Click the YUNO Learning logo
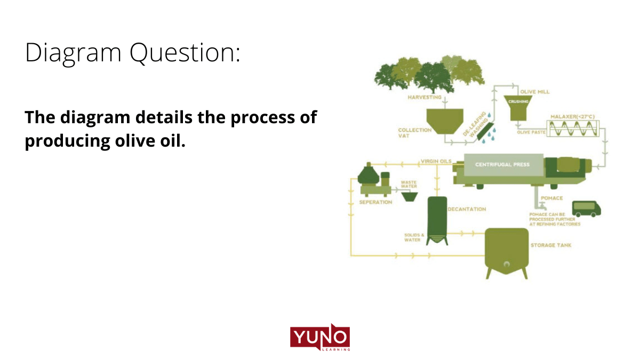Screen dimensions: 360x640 coord(320,338)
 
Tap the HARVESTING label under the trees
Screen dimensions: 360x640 coord(424,98)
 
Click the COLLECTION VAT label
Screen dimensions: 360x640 coord(414,133)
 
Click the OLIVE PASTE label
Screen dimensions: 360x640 coord(531,132)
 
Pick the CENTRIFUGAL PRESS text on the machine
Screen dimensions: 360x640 coord(502,164)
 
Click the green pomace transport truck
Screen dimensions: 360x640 coord(586,207)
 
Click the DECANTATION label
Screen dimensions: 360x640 coord(467,209)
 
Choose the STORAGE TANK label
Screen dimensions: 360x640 coord(551,246)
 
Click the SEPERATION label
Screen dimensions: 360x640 coord(375,202)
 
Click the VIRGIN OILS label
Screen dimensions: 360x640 coord(436,161)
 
